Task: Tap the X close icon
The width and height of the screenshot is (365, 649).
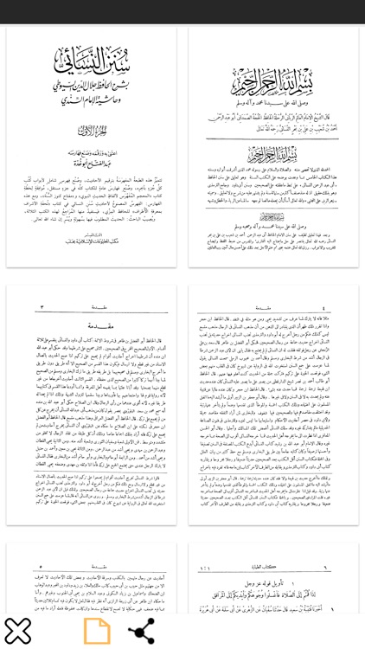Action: (17, 629)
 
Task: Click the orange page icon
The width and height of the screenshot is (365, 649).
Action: (97, 629)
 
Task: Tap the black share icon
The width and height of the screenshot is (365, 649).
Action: (141, 629)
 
